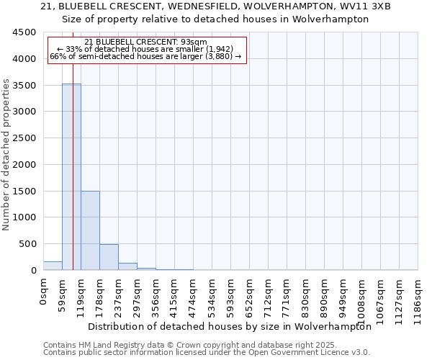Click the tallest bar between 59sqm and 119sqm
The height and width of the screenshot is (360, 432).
click(71, 176)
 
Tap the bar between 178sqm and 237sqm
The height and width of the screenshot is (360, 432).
click(109, 257)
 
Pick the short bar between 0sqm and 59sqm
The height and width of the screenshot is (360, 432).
click(53, 266)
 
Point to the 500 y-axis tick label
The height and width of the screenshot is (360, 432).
click(28, 244)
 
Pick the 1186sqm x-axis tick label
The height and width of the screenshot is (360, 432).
click(418, 296)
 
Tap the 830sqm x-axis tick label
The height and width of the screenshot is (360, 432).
click(305, 294)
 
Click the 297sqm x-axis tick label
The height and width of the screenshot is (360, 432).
click(137, 294)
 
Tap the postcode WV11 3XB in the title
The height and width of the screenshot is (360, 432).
click(365, 6)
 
